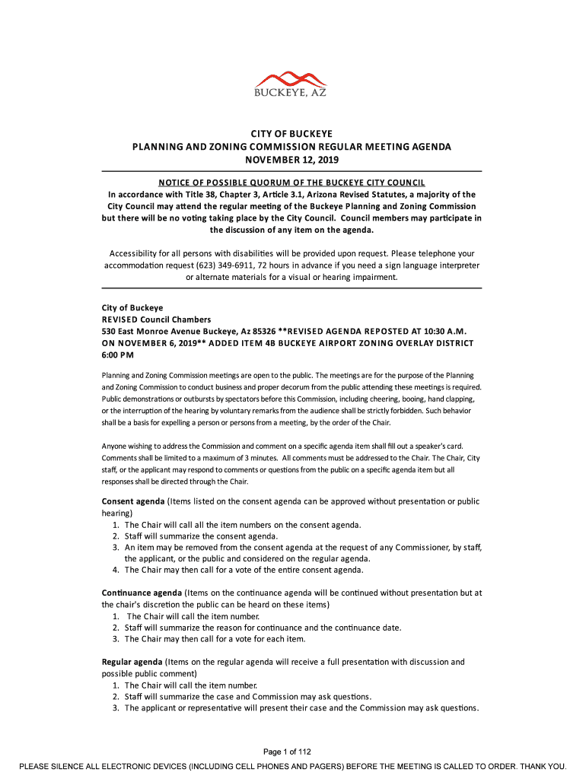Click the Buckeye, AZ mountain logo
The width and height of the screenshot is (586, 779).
291,83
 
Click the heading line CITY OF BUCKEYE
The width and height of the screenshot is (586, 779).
292,134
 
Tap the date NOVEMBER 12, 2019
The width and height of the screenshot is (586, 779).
291,160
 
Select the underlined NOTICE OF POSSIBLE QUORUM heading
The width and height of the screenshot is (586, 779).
291,183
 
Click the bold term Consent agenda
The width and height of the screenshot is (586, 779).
133,502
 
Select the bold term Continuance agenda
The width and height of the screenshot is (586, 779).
142,593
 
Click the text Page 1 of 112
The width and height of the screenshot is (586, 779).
292,752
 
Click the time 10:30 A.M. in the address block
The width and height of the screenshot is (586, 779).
445,332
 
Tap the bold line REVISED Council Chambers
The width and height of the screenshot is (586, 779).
156,320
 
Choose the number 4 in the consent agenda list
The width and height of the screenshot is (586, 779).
116,570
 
